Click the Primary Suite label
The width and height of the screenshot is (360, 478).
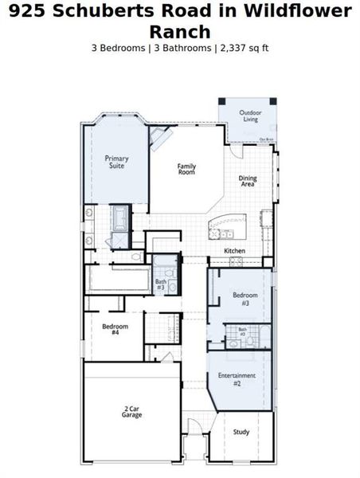pos(116,162)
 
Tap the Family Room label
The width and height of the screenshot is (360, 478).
pos(186,169)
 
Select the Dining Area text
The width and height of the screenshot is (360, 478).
pos(248,182)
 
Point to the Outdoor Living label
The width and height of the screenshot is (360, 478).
pos(251,116)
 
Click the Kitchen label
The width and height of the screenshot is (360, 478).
pos(234,251)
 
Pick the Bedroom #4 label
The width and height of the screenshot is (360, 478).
pos(111,328)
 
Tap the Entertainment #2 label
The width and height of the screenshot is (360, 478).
pos(237,379)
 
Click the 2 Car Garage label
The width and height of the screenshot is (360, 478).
pos(132,413)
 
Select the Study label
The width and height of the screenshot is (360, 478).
pos(241,433)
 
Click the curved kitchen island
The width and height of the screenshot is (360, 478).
pos(225,226)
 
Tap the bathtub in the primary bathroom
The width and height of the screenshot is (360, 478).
pos(122,217)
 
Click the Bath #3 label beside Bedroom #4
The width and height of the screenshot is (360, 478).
pos(161,283)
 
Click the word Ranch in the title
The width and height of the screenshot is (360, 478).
pos(180,32)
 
